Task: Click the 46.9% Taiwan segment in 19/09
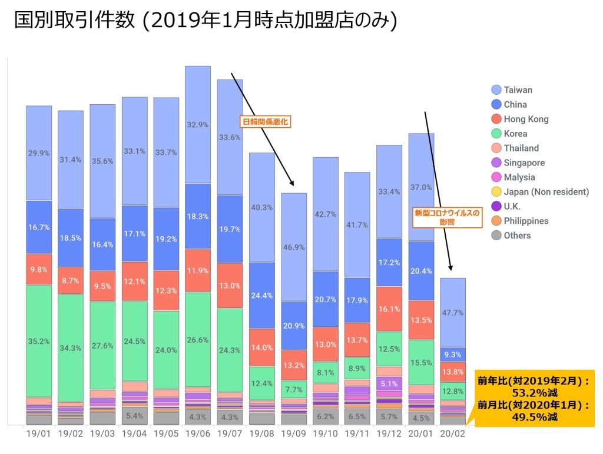(x=294, y=247)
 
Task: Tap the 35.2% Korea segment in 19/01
(x=39, y=340)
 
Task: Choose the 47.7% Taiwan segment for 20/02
(x=453, y=313)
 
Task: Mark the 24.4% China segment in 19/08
(x=261, y=296)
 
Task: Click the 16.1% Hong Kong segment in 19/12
(x=389, y=309)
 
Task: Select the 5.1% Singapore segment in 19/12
(x=389, y=383)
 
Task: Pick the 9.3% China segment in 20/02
(x=453, y=354)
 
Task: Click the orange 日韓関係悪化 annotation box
(x=267, y=122)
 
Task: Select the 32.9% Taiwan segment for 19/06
(x=198, y=125)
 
